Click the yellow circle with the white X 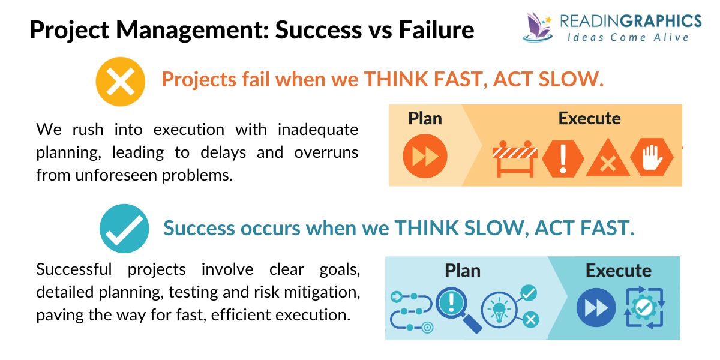(x=121, y=82)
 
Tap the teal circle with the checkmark (x=124, y=229)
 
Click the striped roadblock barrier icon (x=514, y=158)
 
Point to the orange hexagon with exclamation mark (x=563, y=158)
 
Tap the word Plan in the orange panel (x=425, y=118)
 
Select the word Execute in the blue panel (x=618, y=271)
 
